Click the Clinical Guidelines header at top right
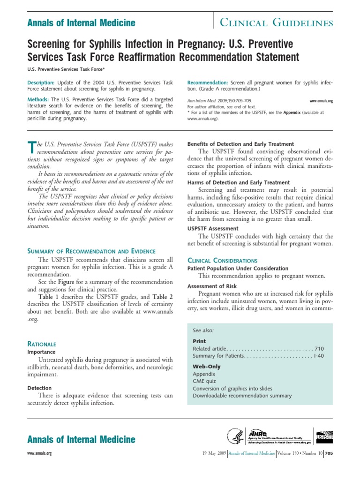pyautogui.click(x=277, y=22)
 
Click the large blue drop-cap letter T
pyautogui.click(x=32, y=148)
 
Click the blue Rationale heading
pyautogui.click(x=42, y=344)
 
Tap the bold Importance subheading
pyautogui.click(x=41, y=352)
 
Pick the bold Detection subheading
pyautogui.click(x=39, y=388)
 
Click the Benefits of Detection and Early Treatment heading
pyautogui.click(x=240, y=144)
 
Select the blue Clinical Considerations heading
pyautogui.click(x=222, y=260)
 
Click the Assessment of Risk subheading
pyautogui.click(x=212, y=286)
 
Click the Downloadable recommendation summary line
pyautogui.click(x=242, y=396)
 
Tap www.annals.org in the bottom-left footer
pyautogui.click(x=40, y=454)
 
